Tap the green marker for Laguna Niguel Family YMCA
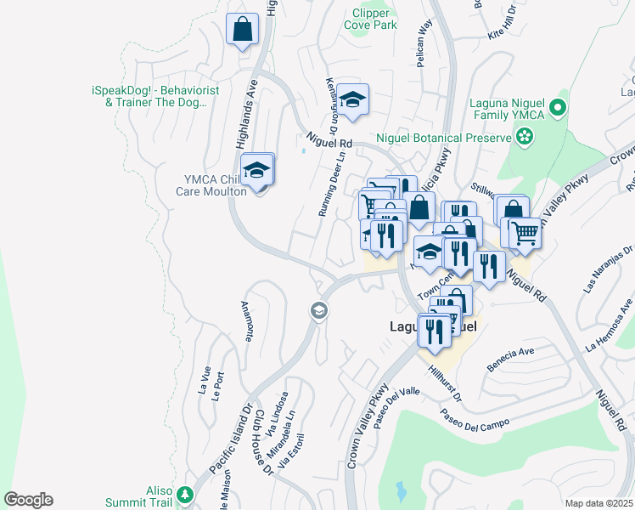coord(557,107)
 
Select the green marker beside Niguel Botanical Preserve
coord(525,136)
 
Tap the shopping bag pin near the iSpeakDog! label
coord(243,30)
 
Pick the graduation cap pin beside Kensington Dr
coord(353,100)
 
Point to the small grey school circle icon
coord(319,310)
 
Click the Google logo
coord(28,500)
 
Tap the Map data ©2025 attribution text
coord(598,503)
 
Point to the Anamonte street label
coord(248,321)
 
